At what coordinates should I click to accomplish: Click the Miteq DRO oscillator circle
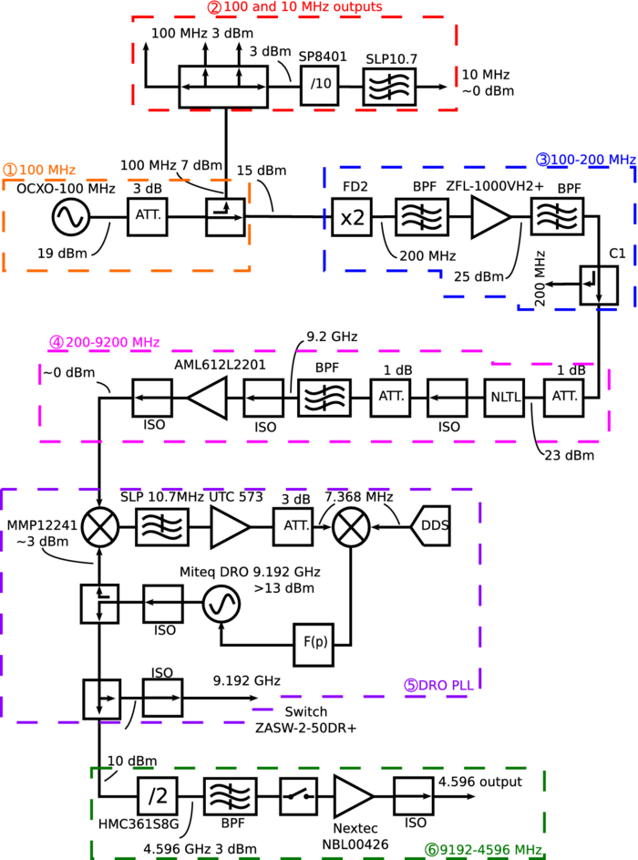click(220, 605)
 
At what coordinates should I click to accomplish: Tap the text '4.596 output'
click(480, 782)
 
